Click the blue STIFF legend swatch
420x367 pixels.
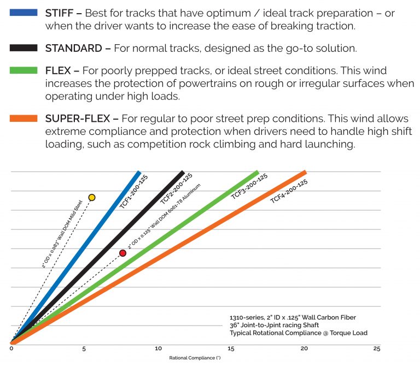click(x=24, y=12)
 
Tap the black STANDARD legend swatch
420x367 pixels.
click(x=24, y=48)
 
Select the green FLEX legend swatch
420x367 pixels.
click(x=24, y=70)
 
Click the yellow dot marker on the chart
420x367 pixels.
click(x=92, y=197)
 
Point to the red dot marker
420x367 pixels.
click(x=122, y=253)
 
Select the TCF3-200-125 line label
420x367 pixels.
click(x=249, y=187)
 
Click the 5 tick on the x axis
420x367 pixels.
click(x=84, y=348)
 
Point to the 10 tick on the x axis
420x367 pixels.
click(x=158, y=348)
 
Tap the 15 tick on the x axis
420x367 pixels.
click(x=231, y=348)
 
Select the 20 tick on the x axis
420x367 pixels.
click(x=304, y=348)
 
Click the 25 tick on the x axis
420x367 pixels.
click(x=377, y=348)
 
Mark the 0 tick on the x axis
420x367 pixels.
click(x=11, y=348)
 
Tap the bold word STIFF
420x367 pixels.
click(x=61, y=13)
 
